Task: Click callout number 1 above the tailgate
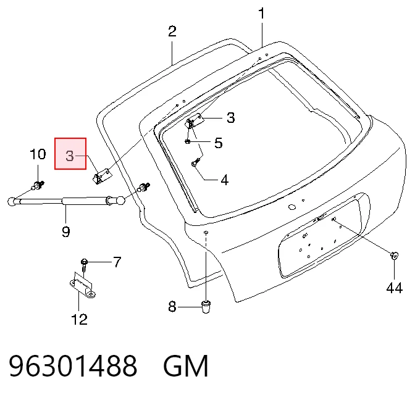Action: coord(261,14)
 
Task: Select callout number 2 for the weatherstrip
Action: coord(172,31)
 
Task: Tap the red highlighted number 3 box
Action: coord(70,154)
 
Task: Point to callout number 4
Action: coord(224,180)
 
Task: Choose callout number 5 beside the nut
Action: coord(219,143)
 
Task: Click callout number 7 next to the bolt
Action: coord(117,262)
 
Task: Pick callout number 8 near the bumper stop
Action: coord(172,307)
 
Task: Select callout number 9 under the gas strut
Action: coord(66,231)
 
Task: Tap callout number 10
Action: coord(38,154)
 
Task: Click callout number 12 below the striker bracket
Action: coord(80,319)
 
